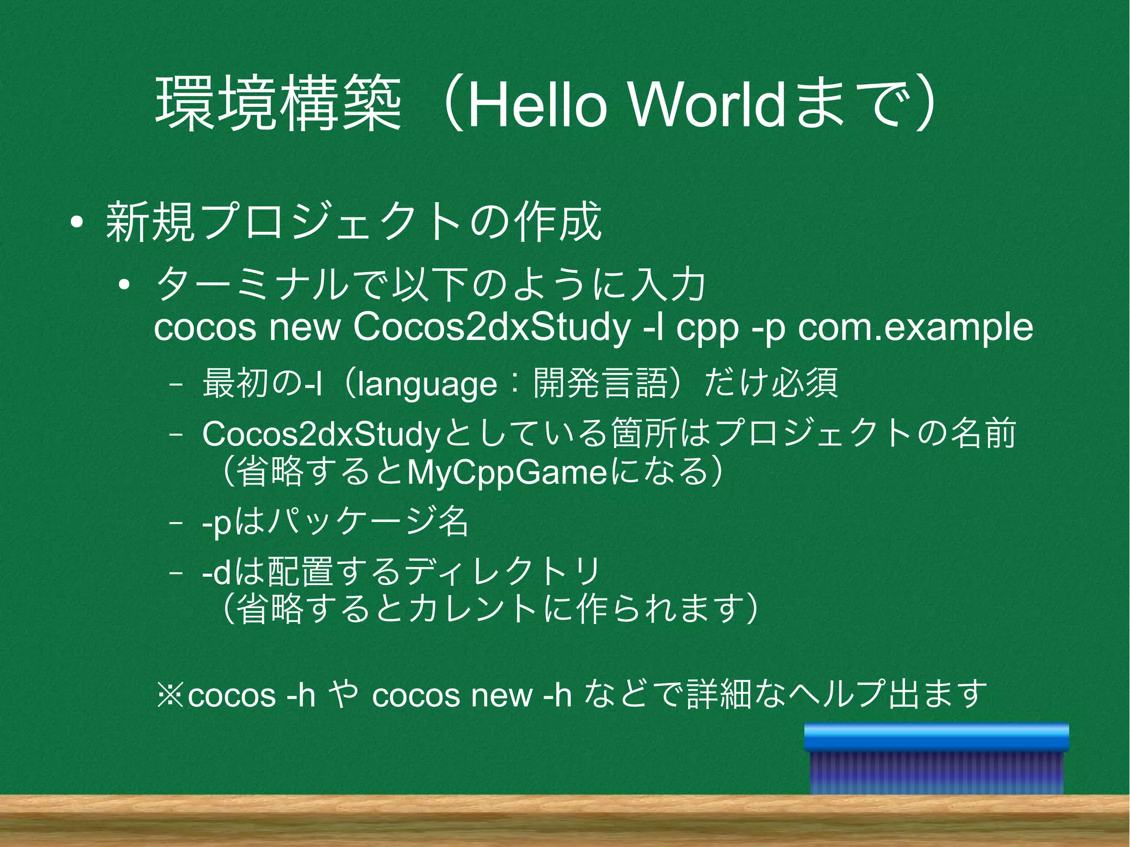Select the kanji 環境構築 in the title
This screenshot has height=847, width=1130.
[278, 104]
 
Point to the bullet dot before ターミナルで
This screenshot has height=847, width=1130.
[124, 285]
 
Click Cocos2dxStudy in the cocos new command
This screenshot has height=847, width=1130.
[491, 327]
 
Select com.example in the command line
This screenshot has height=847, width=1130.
[915, 327]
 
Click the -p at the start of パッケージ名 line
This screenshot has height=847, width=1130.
[216, 523]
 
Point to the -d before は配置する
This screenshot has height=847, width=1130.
[216, 572]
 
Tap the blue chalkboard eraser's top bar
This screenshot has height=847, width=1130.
[936, 737]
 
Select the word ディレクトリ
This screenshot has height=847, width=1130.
[503, 572]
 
